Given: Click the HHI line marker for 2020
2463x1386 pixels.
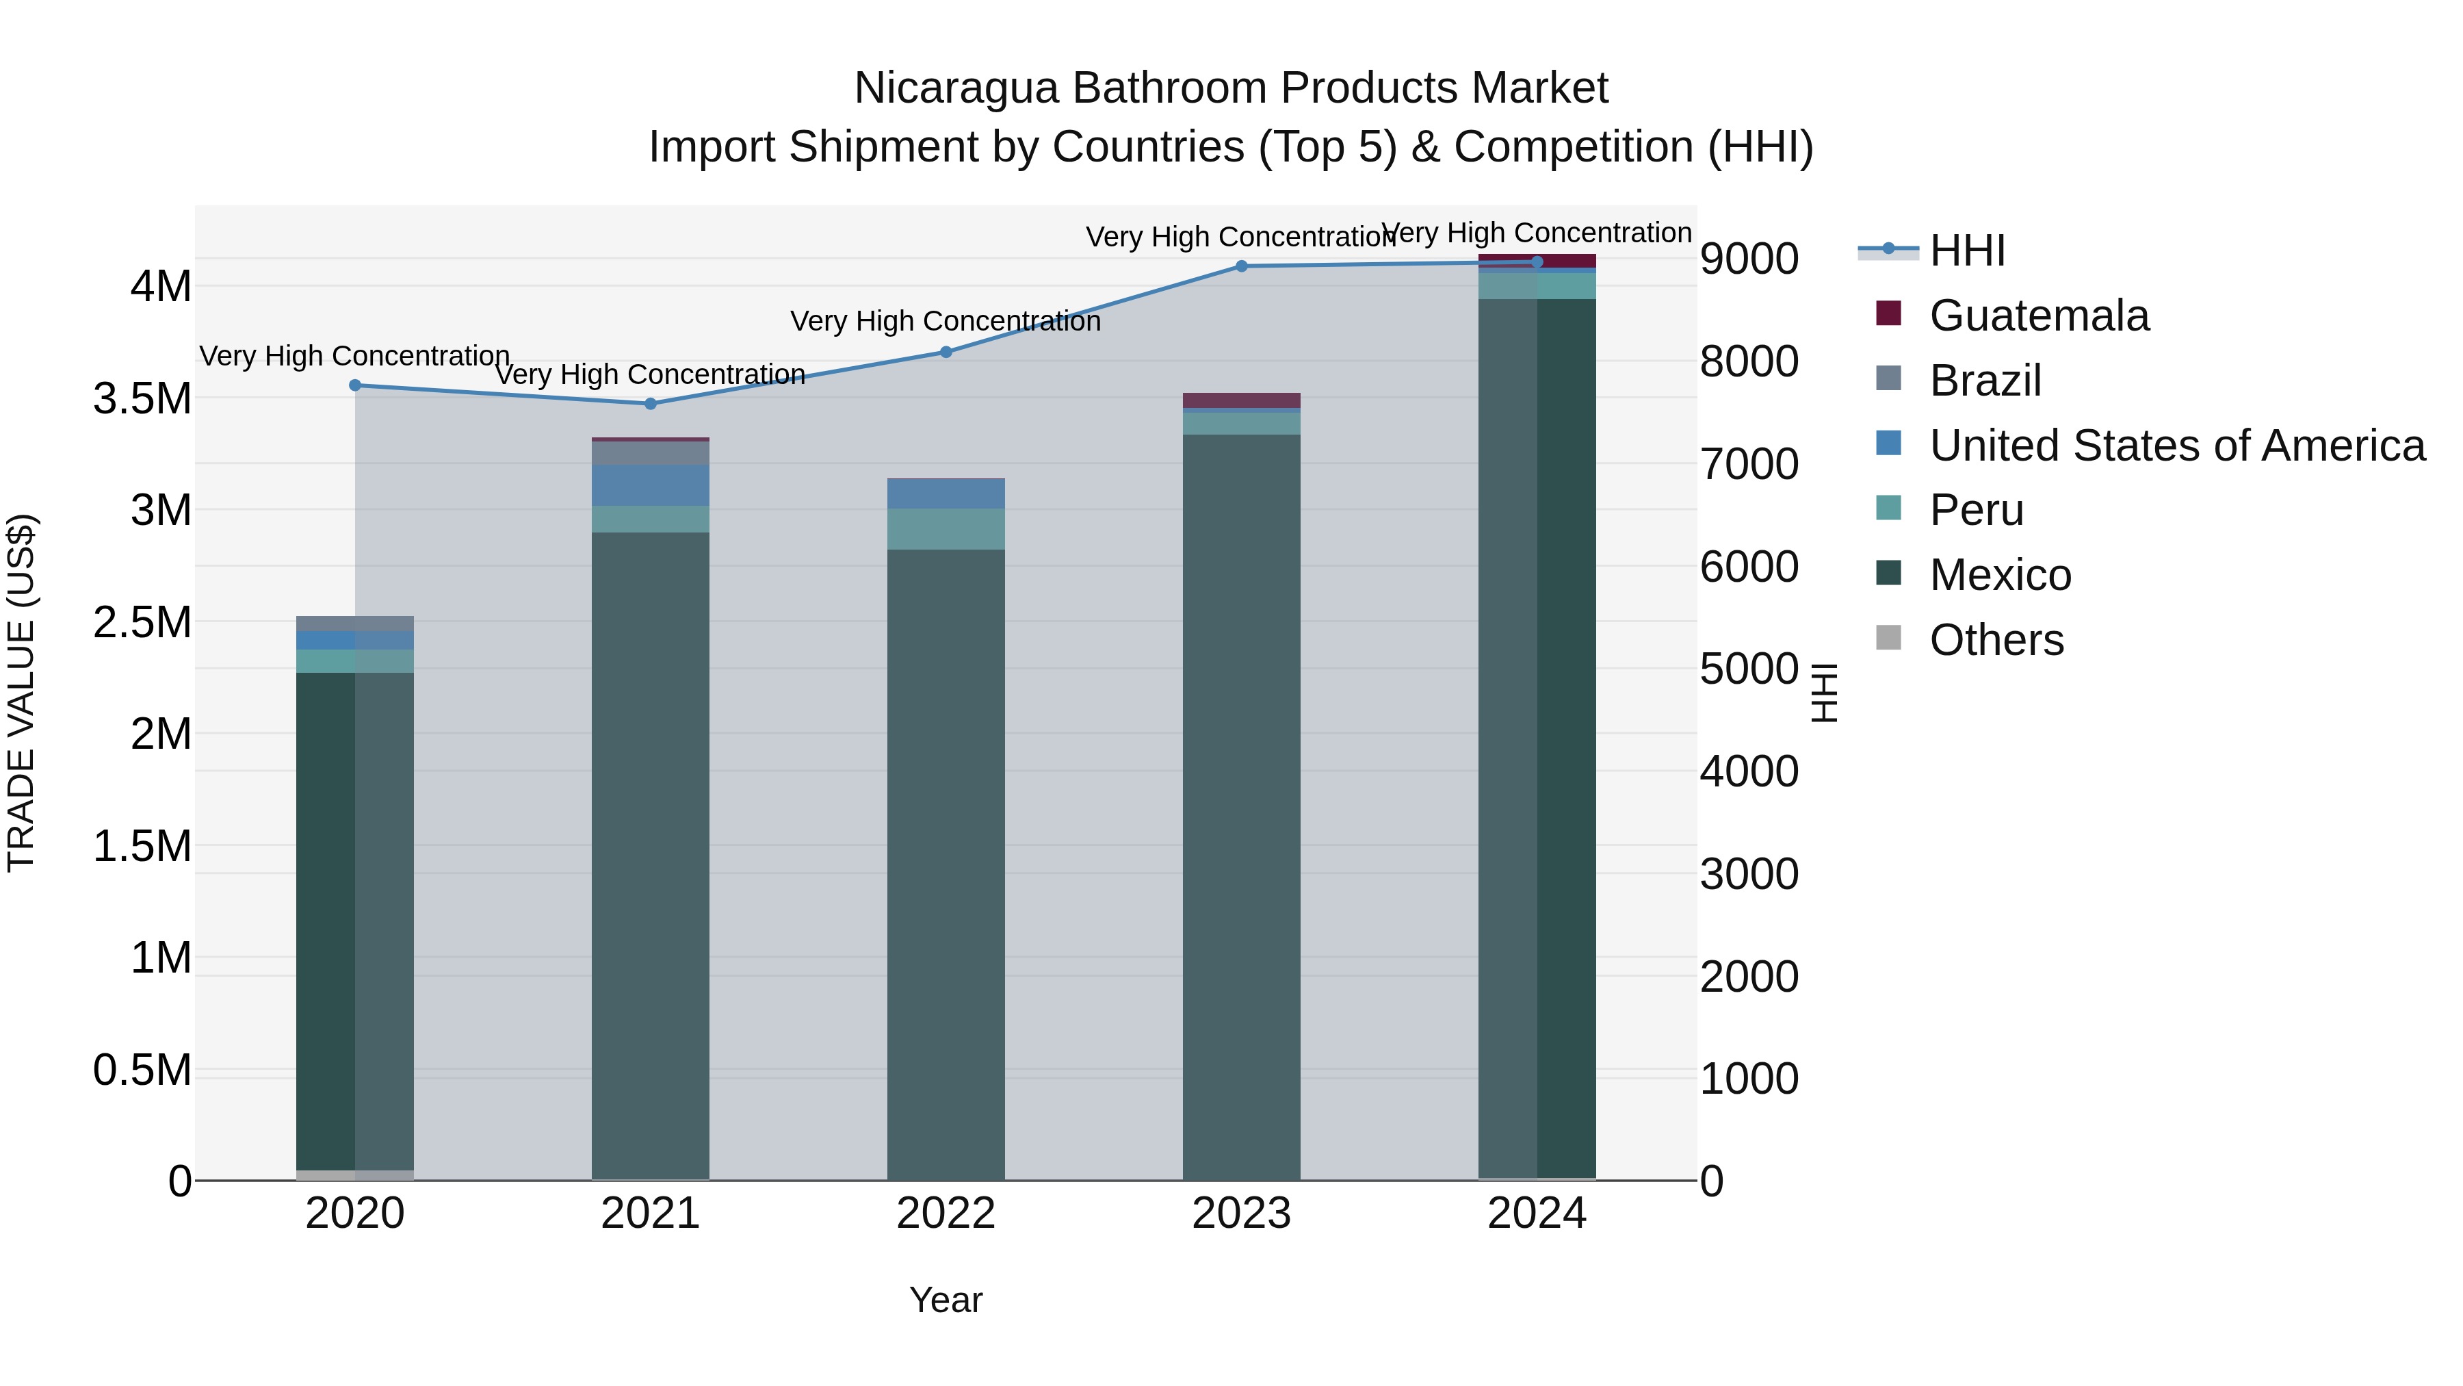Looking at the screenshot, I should tap(354, 385).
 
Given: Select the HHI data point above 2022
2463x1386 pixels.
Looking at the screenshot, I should tap(946, 352).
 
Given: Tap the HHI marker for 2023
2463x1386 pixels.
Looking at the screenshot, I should tap(1241, 266).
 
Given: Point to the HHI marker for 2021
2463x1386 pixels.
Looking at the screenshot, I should tap(650, 404).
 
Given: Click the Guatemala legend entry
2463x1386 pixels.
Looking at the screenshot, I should tap(2039, 316).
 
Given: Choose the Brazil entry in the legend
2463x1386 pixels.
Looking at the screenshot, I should tap(1985, 381).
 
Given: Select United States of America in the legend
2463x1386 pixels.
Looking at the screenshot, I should tap(2176, 446).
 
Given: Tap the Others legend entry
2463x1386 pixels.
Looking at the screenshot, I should tap(1996, 641).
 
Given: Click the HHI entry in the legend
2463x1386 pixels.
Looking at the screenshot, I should tap(1967, 251).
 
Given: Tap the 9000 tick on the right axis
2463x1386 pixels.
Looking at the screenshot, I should tap(1749, 259).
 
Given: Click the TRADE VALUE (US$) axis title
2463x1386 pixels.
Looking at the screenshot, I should tap(21, 693).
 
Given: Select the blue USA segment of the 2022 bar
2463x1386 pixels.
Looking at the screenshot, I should tap(946, 493).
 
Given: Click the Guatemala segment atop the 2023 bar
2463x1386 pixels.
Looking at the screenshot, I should tap(1241, 400).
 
